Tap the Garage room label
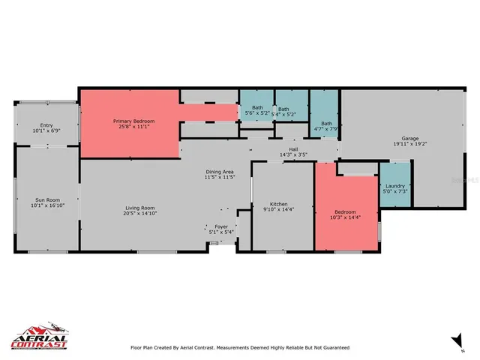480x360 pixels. (409, 138)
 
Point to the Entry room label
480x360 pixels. (46, 125)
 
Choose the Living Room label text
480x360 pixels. (139, 208)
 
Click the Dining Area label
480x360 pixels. (220, 172)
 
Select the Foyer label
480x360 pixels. (220, 226)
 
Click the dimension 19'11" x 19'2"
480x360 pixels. (409, 143)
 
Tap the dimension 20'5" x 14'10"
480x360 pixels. (139, 213)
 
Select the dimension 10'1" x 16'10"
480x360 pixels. (46, 205)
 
